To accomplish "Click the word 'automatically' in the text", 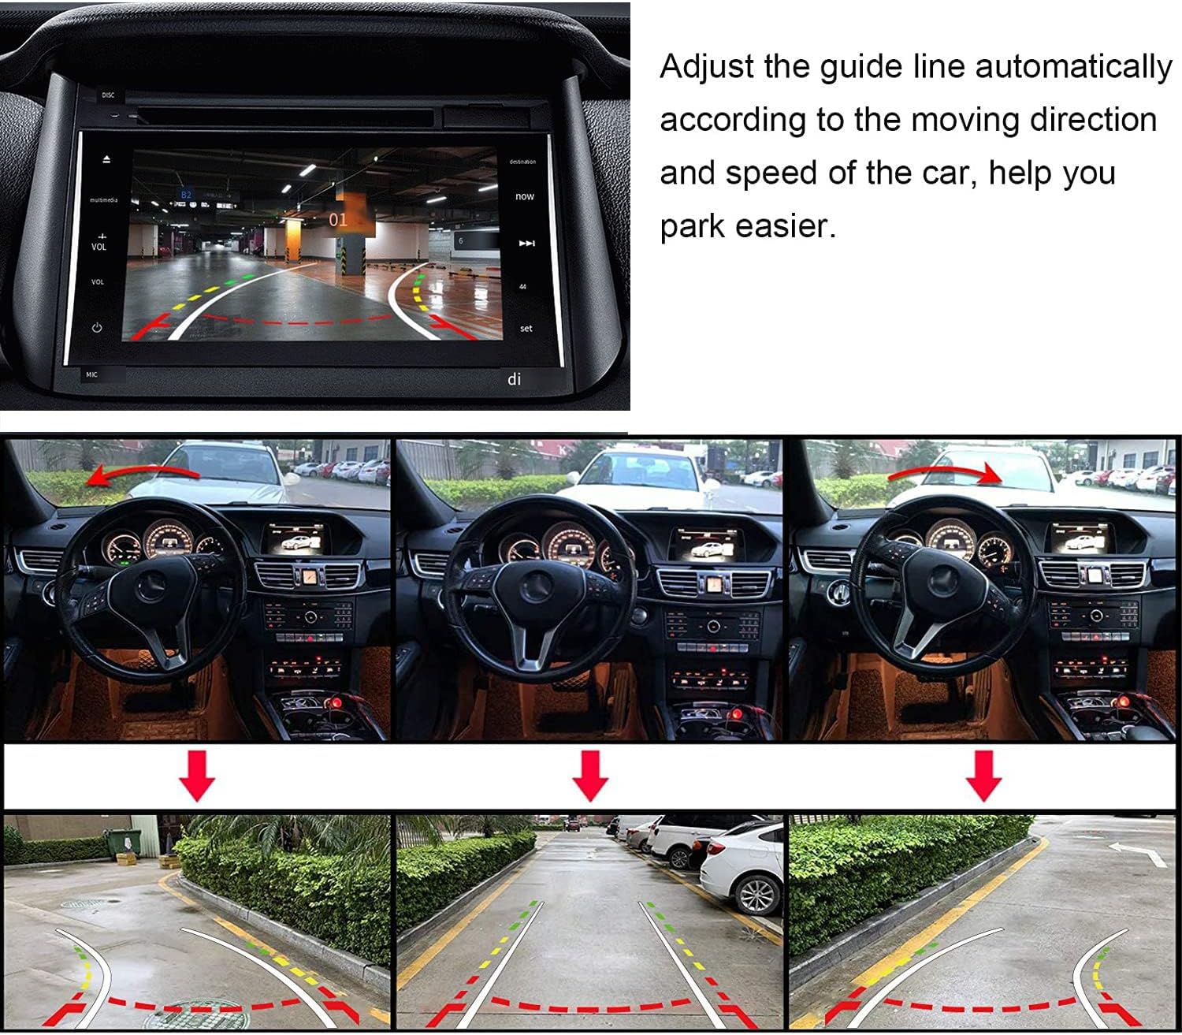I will pos(1073,68).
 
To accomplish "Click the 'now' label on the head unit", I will pos(524,196).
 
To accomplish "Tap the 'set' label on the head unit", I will pos(526,329).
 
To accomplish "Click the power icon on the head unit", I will pos(97,328).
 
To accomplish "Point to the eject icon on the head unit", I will pos(106,160).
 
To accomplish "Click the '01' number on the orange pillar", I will pos(337,220).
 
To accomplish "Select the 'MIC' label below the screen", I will pos(91,375).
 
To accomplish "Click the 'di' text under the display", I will pos(514,379).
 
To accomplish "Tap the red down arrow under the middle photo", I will pos(590,776).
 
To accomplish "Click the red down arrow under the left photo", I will pos(196,776).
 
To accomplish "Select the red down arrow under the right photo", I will pos(983,776).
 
